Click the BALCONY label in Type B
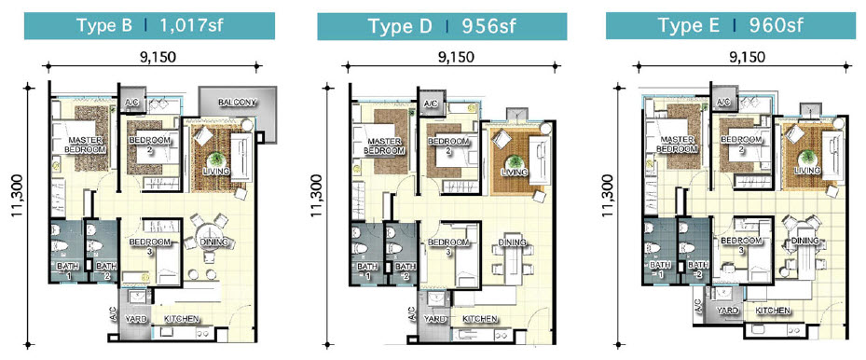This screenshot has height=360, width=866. pyautogui.click(x=238, y=103)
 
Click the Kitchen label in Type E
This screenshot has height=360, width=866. pyautogui.click(x=774, y=309)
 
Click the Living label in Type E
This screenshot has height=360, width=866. pyautogui.click(x=807, y=171)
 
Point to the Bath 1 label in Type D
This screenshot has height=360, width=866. pyautogui.click(x=365, y=271)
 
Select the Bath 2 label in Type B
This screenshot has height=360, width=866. pyautogui.click(x=104, y=270)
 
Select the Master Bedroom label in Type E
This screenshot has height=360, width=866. pyautogui.click(x=678, y=144)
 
